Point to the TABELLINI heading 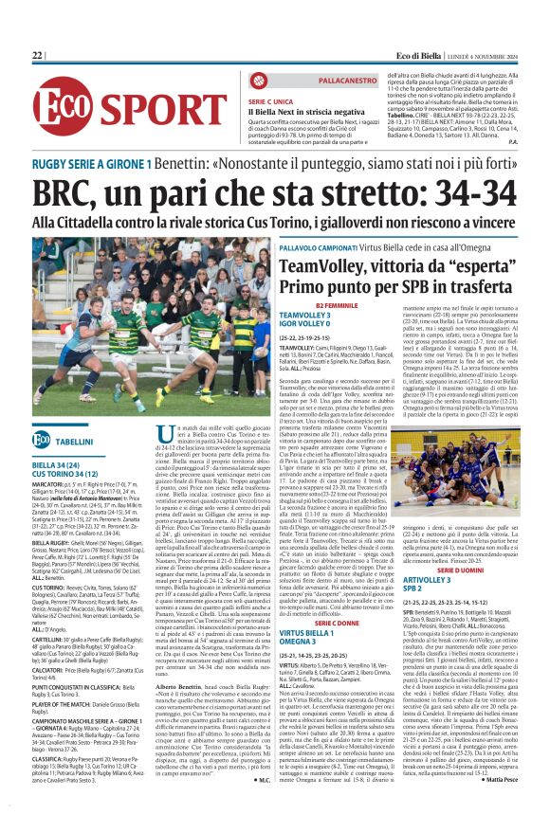click(74, 442)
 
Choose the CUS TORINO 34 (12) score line click(64, 475)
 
